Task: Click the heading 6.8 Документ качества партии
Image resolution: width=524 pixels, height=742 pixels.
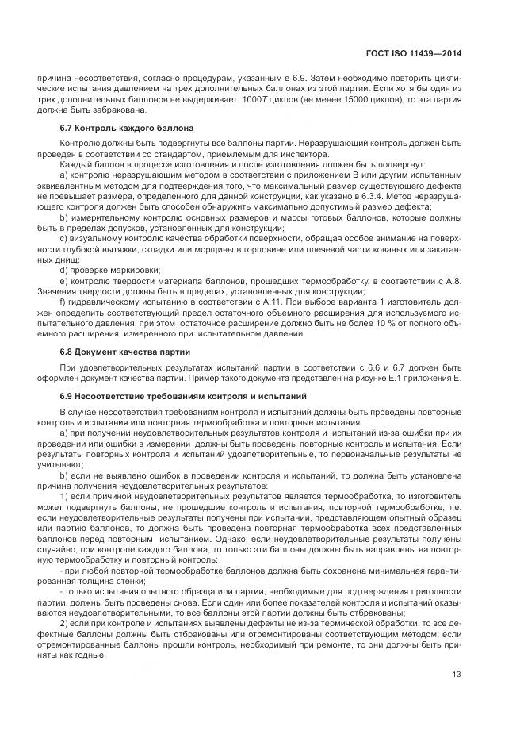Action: point(124,351)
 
